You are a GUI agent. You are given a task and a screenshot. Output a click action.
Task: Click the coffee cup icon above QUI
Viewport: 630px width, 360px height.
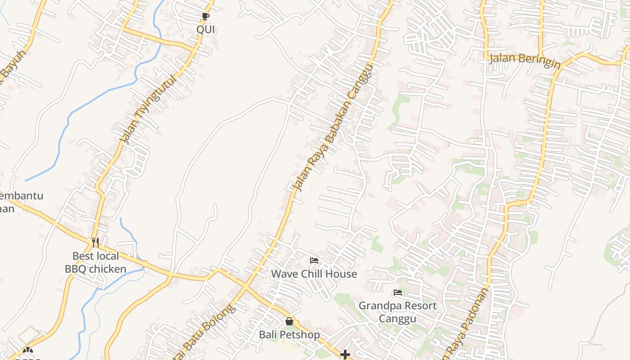coord(206,17)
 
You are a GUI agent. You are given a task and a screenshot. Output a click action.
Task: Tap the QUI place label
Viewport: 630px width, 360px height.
coord(206,30)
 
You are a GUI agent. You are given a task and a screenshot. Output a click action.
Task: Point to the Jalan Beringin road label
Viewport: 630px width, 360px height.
coord(525,60)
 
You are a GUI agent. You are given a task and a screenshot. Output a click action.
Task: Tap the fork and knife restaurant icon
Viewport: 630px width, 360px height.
coord(95,243)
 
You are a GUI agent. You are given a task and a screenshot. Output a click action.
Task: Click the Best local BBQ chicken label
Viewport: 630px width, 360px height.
coord(95,263)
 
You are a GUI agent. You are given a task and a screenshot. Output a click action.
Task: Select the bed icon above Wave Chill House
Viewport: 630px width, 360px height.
coord(314,261)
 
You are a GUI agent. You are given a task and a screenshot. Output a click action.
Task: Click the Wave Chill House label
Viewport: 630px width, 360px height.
coord(314,274)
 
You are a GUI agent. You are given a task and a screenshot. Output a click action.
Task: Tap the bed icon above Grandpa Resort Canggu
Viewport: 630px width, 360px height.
coord(397,292)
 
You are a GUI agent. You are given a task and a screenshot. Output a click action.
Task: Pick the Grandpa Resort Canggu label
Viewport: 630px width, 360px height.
coord(397,312)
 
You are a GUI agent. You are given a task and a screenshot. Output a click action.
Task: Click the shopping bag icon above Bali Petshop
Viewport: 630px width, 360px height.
coord(289,321)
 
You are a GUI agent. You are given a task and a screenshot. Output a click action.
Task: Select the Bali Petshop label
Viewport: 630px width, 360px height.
coord(289,335)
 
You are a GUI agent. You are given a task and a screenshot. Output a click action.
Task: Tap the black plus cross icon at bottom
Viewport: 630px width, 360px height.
coord(345,355)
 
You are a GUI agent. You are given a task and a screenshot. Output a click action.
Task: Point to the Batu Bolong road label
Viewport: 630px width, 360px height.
coord(205,333)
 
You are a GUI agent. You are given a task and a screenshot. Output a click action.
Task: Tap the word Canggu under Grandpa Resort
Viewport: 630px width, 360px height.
coord(397,319)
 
